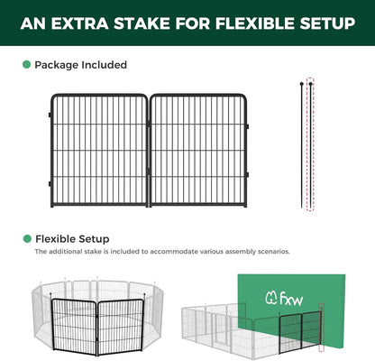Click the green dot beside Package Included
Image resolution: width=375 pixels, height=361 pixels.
(26, 65)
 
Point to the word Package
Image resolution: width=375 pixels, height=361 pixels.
(57, 65)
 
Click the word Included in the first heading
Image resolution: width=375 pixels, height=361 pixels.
(104, 65)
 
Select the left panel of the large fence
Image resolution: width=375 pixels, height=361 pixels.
(98, 150)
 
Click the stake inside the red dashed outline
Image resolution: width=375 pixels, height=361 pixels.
(311, 144)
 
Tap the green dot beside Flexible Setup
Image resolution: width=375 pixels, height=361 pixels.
(26, 238)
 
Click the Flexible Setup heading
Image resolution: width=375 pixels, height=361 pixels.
(72, 238)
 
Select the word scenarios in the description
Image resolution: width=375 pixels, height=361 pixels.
(272, 252)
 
